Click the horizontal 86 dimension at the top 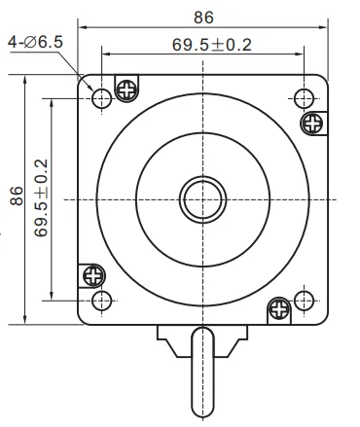[203, 17]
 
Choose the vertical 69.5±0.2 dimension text [41, 197]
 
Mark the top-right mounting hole [303, 97]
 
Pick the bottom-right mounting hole [303, 299]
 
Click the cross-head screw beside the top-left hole [126, 89]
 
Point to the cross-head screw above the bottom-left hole [93, 275]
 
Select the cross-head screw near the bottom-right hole [278, 308]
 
